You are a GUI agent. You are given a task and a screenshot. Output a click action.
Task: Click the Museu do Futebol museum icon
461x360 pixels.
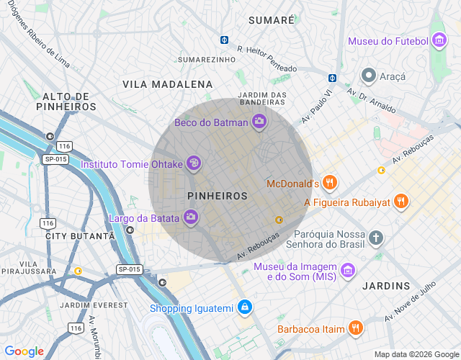tap(439, 41)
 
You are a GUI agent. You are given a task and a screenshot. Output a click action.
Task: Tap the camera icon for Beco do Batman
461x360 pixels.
tap(259, 122)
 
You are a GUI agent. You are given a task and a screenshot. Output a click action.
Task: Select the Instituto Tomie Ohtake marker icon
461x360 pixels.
tap(193, 164)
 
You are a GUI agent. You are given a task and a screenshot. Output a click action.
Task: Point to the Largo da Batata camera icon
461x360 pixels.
tap(191, 217)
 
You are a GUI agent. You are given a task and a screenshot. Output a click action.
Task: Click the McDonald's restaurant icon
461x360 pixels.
tap(330, 183)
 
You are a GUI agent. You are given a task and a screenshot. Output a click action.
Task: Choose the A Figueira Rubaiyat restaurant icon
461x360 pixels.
tap(401, 202)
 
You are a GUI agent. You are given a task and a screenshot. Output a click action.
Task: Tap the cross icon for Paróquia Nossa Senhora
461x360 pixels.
tap(375, 237)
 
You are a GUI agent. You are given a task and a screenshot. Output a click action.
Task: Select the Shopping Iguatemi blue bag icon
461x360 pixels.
tap(245, 307)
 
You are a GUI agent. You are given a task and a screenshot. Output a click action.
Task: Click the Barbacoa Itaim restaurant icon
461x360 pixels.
tap(354, 328)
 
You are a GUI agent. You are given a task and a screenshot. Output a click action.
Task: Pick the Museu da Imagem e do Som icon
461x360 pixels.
tap(348, 270)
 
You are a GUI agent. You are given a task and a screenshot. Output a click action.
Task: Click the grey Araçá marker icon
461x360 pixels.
tap(368, 76)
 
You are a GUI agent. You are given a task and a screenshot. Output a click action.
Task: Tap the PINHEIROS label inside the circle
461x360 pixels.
tap(217, 196)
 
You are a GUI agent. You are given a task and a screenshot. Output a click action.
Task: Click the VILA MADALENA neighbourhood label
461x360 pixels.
tap(167, 84)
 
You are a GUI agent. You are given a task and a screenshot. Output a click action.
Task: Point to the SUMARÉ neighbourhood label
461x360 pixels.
tap(271, 20)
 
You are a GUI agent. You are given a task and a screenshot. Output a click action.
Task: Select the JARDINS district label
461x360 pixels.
tap(386, 286)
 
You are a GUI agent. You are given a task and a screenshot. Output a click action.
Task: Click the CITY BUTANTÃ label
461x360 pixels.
tap(79, 236)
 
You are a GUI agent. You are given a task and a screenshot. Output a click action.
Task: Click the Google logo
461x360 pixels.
tap(24, 351)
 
